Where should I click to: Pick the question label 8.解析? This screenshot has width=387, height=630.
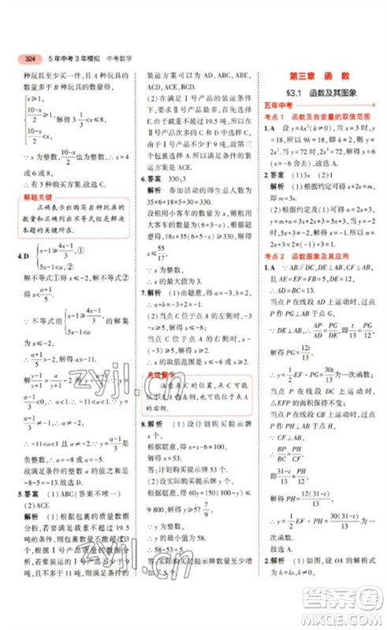pyautogui.click(x=151, y=422)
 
